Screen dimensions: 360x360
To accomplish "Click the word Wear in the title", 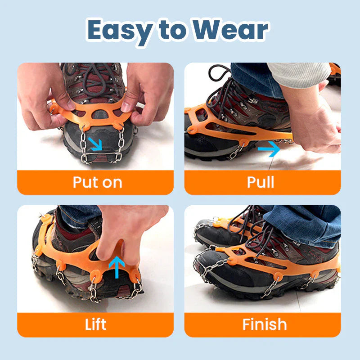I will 230,31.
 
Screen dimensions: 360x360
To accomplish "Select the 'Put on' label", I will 97,182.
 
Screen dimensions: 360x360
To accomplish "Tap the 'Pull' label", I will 261,182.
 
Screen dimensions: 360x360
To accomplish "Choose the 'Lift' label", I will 96,324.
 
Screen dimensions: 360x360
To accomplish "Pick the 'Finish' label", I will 264,324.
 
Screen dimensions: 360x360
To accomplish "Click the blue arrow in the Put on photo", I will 95,144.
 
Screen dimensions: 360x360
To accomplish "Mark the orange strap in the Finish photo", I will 270,259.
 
